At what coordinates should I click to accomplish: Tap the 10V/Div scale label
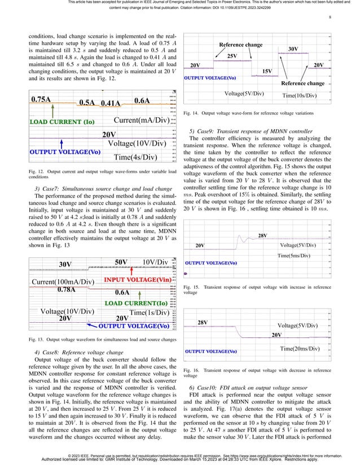pyautogui.click(x=156, y=263)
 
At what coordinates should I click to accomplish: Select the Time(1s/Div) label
pyautogui.click(x=150, y=313)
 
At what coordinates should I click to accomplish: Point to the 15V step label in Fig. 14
pyautogui.click(x=268, y=71)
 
